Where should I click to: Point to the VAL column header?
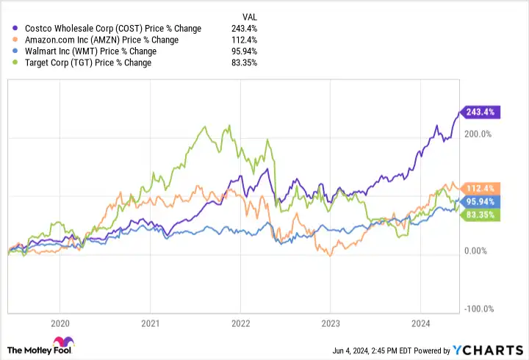point(250,16)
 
